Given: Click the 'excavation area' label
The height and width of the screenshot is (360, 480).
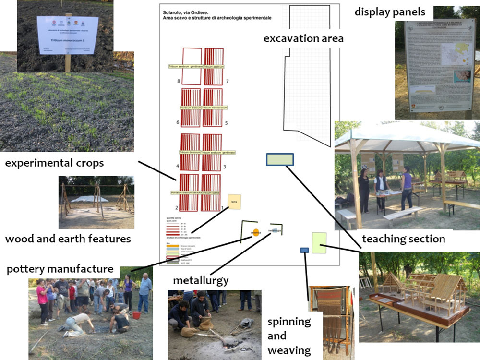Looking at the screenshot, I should (x=303, y=38).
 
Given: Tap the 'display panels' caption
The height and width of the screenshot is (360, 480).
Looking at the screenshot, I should (x=390, y=12).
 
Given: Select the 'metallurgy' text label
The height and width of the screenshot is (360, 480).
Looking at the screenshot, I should (x=201, y=279).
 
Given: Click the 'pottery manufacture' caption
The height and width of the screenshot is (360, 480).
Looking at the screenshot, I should (x=60, y=269).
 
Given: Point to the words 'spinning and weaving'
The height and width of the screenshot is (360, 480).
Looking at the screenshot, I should (x=289, y=336).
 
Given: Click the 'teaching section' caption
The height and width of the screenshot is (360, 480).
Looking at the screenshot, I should (x=403, y=239).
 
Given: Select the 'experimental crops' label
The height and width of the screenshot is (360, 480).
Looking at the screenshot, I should (x=54, y=163).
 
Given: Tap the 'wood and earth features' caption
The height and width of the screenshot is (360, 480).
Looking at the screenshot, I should (x=68, y=238).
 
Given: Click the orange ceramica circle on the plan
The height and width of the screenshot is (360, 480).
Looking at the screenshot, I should (x=255, y=232).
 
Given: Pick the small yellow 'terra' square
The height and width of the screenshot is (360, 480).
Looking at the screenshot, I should (x=234, y=202).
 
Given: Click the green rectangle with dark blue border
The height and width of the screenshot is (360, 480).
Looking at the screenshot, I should (x=280, y=159).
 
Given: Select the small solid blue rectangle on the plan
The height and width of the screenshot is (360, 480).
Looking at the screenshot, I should (x=304, y=250).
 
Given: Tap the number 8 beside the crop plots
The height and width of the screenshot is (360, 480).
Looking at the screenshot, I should (x=179, y=81).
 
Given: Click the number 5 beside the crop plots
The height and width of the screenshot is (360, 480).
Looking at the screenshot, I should (x=226, y=123).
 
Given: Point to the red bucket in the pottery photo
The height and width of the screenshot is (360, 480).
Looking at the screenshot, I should (x=136, y=315).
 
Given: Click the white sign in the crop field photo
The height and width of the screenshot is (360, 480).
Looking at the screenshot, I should (x=68, y=35).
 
